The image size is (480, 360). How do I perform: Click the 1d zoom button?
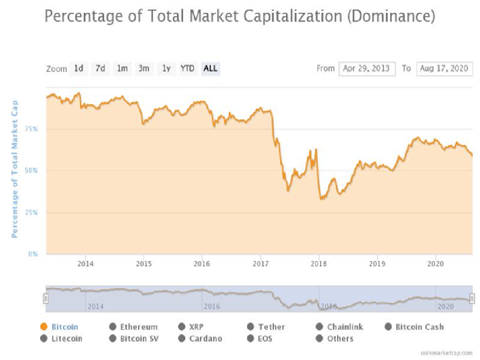point(78,68)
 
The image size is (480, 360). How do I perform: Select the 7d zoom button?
point(100,68)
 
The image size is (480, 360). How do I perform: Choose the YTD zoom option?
point(187,68)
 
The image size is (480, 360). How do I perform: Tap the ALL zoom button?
point(210,68)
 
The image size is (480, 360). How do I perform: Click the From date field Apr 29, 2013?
point(367,68)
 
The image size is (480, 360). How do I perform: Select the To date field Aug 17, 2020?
point(444,68)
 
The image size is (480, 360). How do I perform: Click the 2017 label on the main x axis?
point(261,263)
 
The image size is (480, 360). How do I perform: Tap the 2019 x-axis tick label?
point(377,263)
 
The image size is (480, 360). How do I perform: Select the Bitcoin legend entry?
point(65,327)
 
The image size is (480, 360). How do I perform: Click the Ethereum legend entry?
point(139,327)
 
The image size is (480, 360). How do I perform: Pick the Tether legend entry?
point(271,327)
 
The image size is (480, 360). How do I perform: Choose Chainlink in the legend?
point(345,327)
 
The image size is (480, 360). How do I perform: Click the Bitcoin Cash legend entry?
point(419,327)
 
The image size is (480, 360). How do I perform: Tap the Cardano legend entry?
point(205,338)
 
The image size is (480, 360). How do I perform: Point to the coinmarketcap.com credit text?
point(446,352)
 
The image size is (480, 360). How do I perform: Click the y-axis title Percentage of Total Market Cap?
point(15,169)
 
